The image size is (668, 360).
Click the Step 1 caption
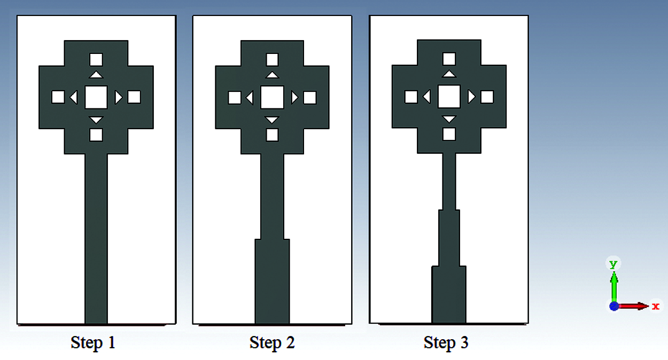coord(93,343)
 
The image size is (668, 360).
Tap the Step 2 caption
coord(272,343)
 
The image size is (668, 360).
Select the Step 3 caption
coord(446,343)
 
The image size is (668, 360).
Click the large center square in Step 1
coord(96,97)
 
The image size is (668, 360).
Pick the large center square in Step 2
coord(272,97)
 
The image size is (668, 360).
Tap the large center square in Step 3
coord(449,97)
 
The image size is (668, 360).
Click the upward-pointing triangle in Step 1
coord(96,75)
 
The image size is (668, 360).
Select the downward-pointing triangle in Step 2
coord(272,119)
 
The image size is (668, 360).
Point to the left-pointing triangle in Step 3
coord(428,97)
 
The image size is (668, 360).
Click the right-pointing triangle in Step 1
coord(118,97)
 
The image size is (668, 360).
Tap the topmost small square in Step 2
coord(272,60)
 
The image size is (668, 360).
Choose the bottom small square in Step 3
coord(449,134)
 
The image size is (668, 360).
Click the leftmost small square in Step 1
coord(58,97)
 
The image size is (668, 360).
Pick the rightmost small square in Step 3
coord(487,97)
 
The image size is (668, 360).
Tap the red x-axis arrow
coord(633,306)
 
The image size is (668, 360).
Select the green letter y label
coord(613,264)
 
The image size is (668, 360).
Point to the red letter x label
coord(656,307)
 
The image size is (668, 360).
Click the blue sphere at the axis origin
coord(613,307)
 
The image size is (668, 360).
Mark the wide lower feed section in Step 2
coord(272,281)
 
